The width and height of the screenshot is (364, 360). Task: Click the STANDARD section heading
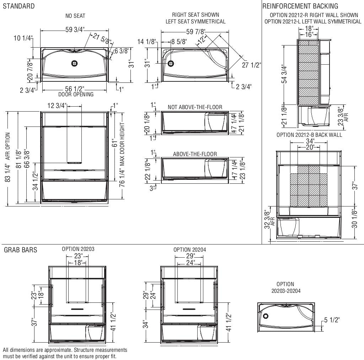[x=19, y=6]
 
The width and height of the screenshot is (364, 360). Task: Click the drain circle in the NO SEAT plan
[x=75, y=63]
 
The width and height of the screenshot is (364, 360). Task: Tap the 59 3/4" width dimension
[x=75, y=30]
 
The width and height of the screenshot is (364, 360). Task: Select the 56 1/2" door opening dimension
[x=75, y=89]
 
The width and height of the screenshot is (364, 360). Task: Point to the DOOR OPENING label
[x=76, y=95]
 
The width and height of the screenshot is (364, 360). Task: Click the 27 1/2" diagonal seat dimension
[x=251, y=65]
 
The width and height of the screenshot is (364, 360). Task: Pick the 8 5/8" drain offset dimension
[x=179, y=42]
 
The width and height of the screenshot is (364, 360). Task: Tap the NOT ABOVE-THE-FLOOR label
[x=195, y=107]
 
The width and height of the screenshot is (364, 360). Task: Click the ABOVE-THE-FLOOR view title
[x=195, y=154]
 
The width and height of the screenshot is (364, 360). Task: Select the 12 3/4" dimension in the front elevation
[x=57, y=106]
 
